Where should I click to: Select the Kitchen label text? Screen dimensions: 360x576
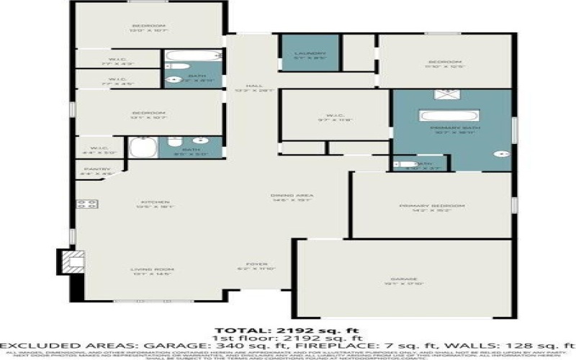150,203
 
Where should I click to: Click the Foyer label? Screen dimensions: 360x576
256,264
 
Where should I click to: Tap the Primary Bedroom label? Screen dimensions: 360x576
432,207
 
